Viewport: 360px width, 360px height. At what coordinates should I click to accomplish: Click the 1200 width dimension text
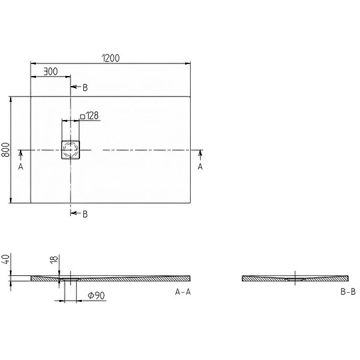pyautogui.click(x=111, y=58)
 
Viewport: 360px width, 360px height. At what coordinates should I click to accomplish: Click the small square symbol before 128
pyautogui.click(x=82, y=116)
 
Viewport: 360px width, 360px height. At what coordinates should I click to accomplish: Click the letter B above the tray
pyautogui.click(x=85, y=87)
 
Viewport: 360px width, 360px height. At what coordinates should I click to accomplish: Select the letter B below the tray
pyautogui.click(x=85, y=213)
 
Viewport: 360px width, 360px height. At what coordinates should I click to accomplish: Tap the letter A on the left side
pyautogui.click(x=21, y=167)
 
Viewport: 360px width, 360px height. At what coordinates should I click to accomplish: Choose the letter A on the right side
pyautogui.click(x=200, y=167)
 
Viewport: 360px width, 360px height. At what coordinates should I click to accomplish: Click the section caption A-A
pyautogui.click(x=183, y=292)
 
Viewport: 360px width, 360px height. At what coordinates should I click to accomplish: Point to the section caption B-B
pyautogui.click(x=348, y=292)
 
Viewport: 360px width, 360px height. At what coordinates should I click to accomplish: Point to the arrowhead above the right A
pyautogui.click(x=200, y=154)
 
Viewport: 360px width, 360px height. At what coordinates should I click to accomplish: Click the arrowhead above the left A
pyautogui.click(x=21, y=154)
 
